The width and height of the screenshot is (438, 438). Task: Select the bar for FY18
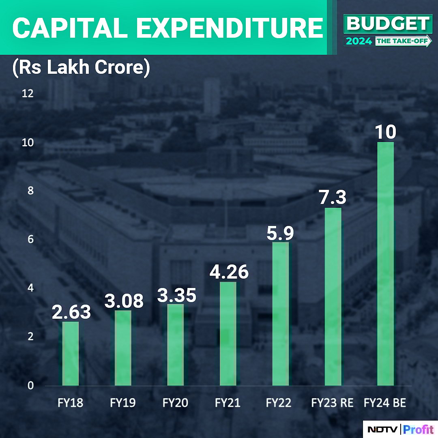coord(70,353)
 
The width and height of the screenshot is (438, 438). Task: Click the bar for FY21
coord(228,333)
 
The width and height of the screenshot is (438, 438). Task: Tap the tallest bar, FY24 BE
coord(385,264)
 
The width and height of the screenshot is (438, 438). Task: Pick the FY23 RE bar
coord(333,296)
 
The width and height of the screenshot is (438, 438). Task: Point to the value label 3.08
coord(124,301)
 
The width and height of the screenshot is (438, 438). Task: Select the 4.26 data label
coord(229,272)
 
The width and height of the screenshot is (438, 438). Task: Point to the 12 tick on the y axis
coord(28,94)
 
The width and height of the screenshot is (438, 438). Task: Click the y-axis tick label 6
coord(30,240)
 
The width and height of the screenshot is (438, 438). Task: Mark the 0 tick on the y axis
coord(30,385)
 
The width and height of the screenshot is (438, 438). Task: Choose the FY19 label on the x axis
coord(122,403)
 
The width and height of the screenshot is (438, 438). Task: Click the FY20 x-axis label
coord(175,403)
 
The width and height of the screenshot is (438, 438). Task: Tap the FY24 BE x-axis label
coord(385,403)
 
